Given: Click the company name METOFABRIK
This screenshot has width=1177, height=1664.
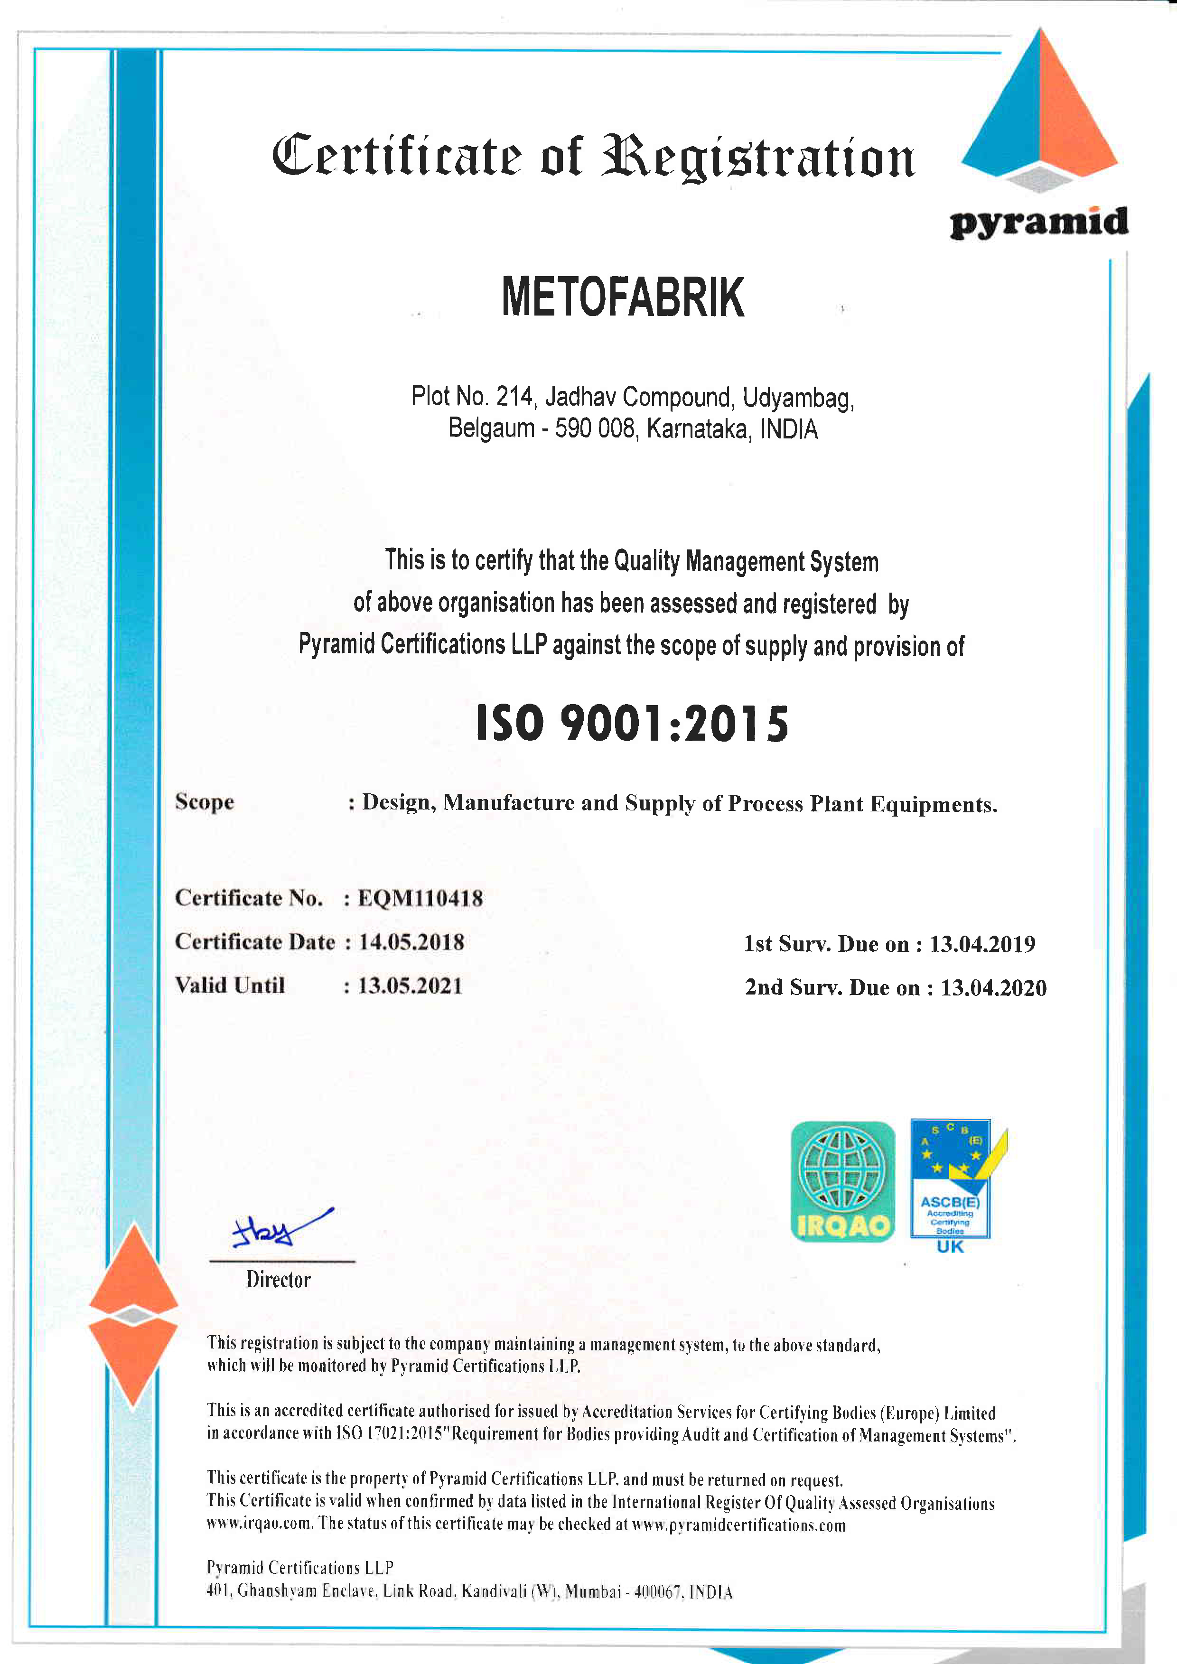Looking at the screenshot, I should (x=623, y=297).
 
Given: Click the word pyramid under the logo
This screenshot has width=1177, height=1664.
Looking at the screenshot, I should (x=1038, y=223).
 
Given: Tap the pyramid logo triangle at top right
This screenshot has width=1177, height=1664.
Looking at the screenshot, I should (x=1040, y=109).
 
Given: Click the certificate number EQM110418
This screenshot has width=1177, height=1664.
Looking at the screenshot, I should (x=420, y=899).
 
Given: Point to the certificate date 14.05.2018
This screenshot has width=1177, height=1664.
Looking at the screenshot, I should (x=411, y=942).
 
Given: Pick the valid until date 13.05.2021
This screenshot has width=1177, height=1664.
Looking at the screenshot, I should (x=410, y=985).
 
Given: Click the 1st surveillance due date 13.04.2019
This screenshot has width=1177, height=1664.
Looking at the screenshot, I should (x=982, y=944).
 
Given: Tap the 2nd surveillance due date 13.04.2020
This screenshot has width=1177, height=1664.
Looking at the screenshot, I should (x=993, y=988).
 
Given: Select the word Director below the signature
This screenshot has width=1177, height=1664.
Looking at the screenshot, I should (x=278, y=1280).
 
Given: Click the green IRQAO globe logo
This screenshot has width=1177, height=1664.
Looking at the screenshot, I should (x=842, y=1181).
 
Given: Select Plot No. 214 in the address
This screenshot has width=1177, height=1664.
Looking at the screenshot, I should (x=472, y=397).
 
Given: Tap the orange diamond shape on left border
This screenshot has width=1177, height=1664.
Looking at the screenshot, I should (x=133, y=1315).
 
